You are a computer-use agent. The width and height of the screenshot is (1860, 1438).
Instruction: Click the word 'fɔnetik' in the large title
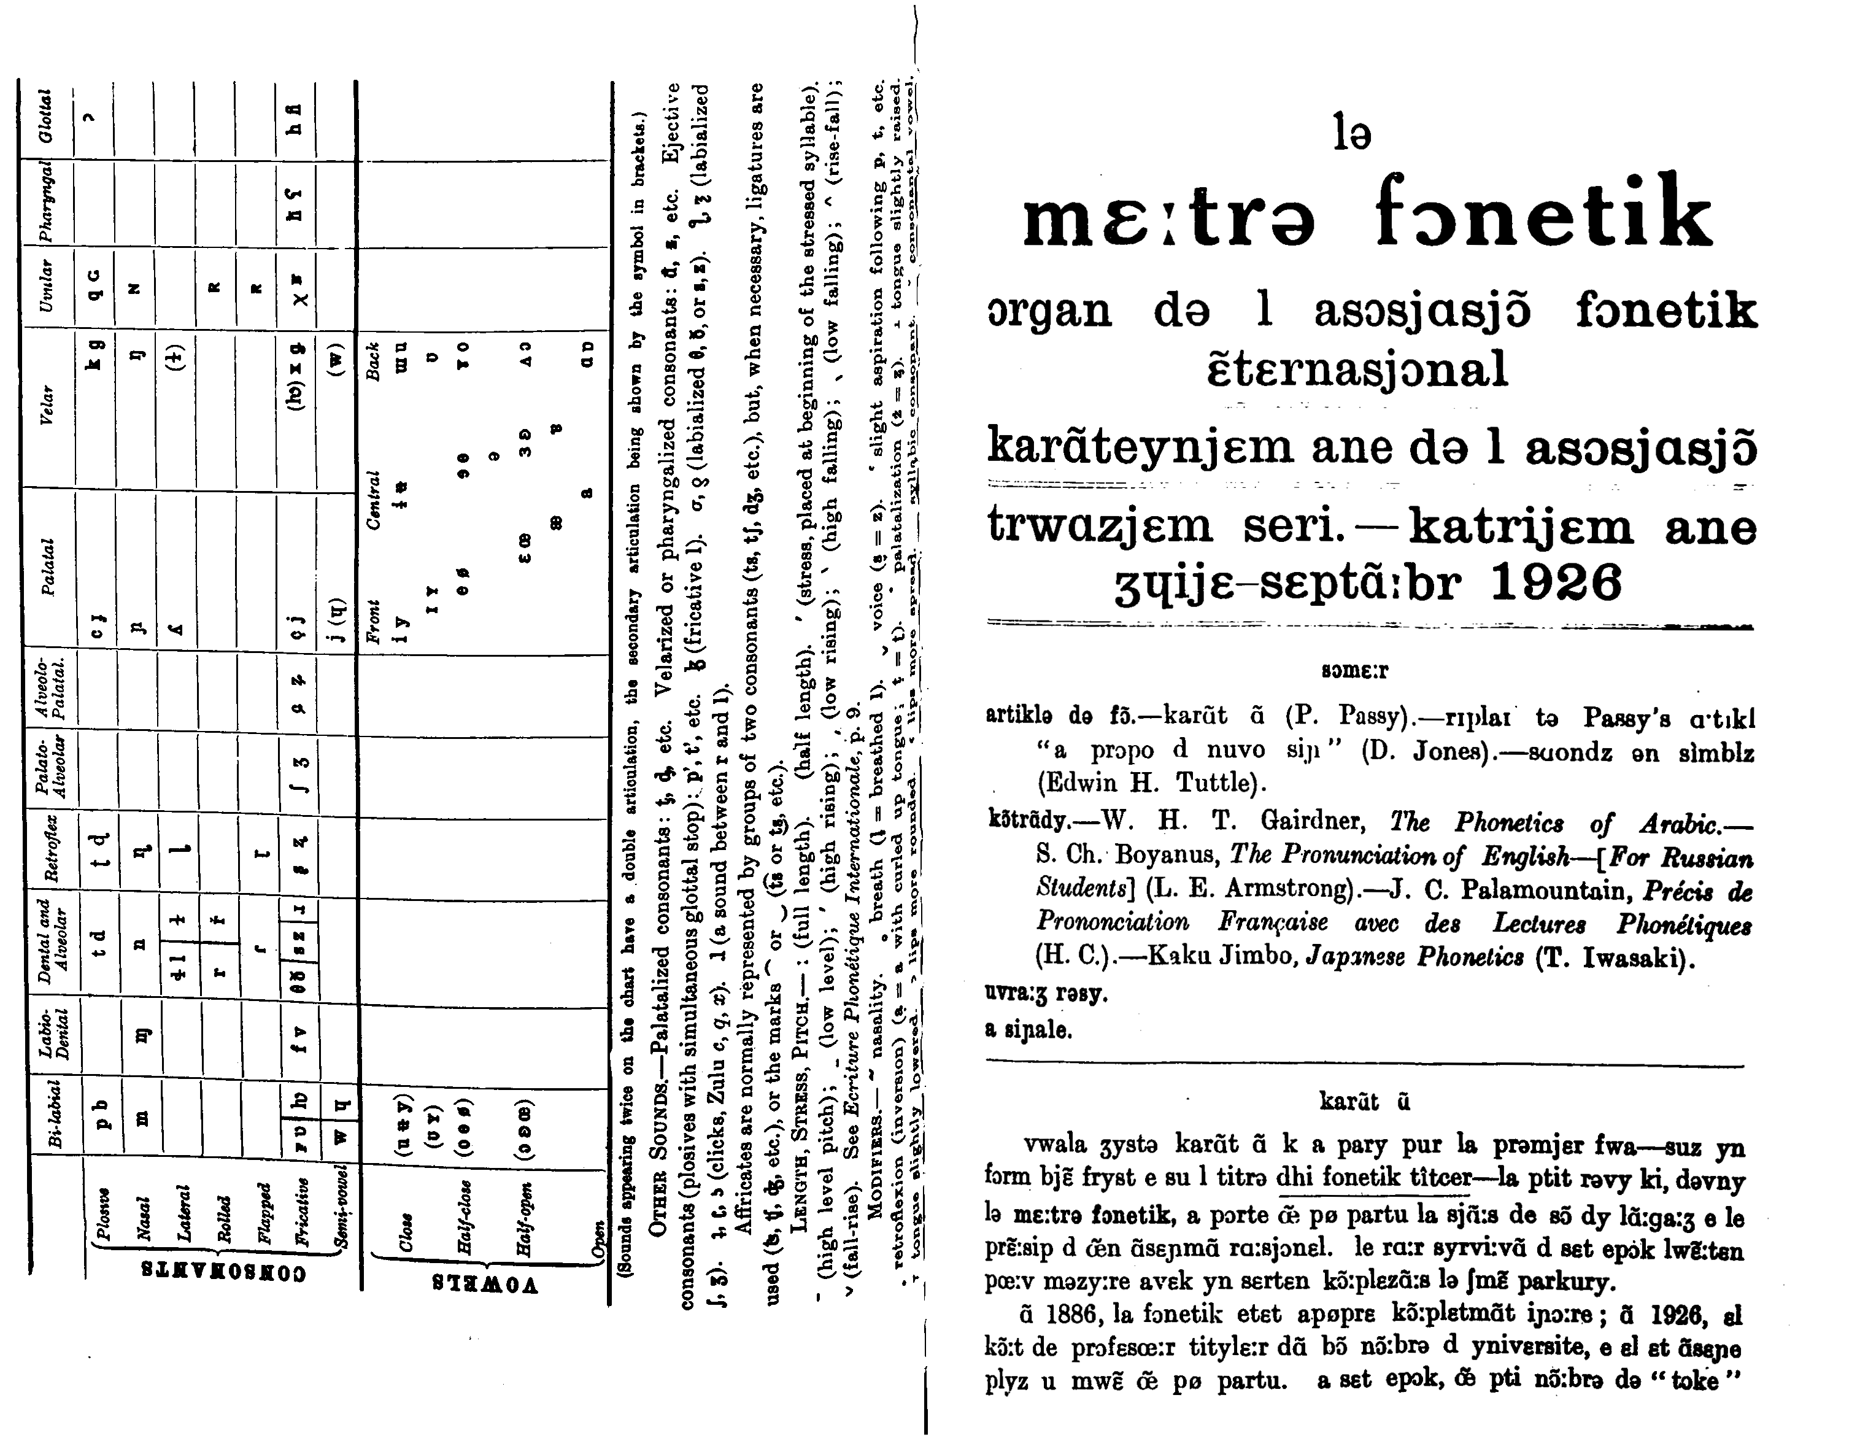pyautogui.click(x=1543, y=213)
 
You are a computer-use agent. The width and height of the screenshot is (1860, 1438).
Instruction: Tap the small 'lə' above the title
pyautogui.click(x=1353, y=134)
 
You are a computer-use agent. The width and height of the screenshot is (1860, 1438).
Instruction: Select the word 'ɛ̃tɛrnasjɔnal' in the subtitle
pyautogui.click(x=1357, y=369)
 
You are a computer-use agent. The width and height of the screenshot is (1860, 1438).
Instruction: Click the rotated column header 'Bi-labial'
pyautogui.click(x=53, y=1115)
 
